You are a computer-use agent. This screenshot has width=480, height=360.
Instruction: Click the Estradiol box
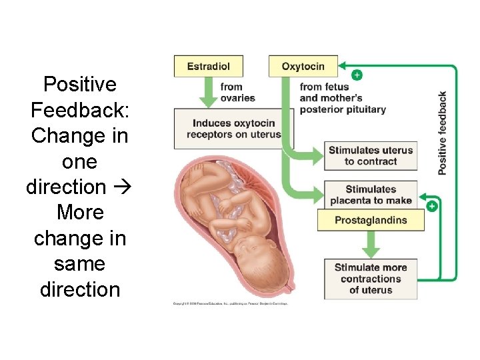209,66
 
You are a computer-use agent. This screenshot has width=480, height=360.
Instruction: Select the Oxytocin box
303,66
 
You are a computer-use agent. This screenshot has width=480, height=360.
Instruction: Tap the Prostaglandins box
371,221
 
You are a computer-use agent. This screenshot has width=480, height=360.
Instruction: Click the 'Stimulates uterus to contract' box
371,156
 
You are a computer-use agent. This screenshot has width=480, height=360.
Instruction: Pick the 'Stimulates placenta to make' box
371,194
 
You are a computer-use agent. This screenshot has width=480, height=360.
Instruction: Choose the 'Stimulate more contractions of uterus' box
371,279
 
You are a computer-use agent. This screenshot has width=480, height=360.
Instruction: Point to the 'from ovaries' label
237,93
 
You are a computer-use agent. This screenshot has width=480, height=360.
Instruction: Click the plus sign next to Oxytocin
357,75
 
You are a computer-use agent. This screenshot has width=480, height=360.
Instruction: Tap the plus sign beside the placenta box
432,206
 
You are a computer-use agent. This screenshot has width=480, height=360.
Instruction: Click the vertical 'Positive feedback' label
443,133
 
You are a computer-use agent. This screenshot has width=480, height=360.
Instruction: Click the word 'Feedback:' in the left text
79,110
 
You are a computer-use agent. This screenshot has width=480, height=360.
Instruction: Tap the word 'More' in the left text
80,213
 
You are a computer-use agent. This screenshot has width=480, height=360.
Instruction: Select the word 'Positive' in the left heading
79,85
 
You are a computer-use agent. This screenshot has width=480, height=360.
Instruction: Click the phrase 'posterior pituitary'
343,109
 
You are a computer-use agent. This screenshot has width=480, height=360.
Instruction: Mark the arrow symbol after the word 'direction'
123,187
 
